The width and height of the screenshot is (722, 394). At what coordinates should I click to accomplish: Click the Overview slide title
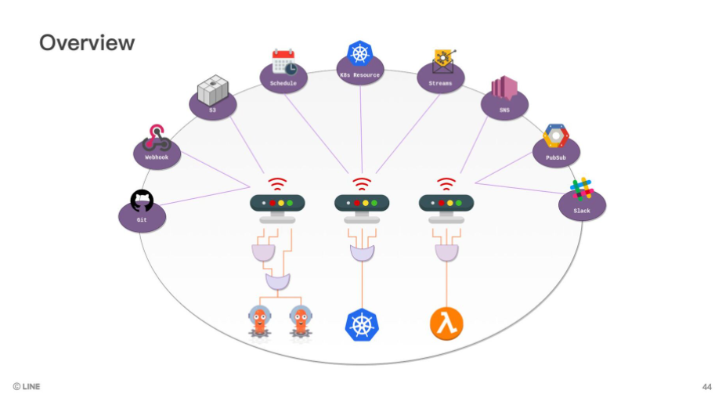[87, 42]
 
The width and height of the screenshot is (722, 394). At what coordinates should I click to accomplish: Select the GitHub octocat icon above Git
[142, 201]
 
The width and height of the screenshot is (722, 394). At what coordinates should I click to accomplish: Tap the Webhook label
[156, 157]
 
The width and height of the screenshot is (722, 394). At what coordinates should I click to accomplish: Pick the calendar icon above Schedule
[283, 62]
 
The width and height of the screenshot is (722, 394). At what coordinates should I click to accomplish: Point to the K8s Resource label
[361, 75]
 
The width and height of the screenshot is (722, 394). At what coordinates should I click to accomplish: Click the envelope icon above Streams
[444, 62]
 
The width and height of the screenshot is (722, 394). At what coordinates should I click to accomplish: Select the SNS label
[504, 110]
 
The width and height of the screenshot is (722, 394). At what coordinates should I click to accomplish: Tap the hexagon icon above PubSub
[555, 136]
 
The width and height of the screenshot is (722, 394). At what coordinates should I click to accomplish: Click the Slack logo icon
[581, 190]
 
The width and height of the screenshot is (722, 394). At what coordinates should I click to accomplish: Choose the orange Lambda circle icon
[446, 323]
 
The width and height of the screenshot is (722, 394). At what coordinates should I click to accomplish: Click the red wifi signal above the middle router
[361, 185]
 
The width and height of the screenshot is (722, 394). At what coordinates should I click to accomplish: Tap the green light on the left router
[290, 203]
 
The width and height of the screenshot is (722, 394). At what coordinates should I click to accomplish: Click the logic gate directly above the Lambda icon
[446, 253]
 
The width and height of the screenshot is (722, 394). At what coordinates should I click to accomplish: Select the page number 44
[706, 385]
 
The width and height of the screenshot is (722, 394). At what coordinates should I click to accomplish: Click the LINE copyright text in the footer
[27, 385]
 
